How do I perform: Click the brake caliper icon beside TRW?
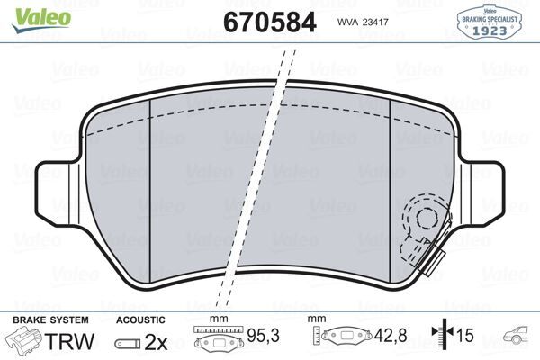pos(25,340)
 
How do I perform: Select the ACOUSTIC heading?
pos(140,319)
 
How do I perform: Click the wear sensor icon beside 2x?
pos(127,341)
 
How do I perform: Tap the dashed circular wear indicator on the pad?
pos(424,221)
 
